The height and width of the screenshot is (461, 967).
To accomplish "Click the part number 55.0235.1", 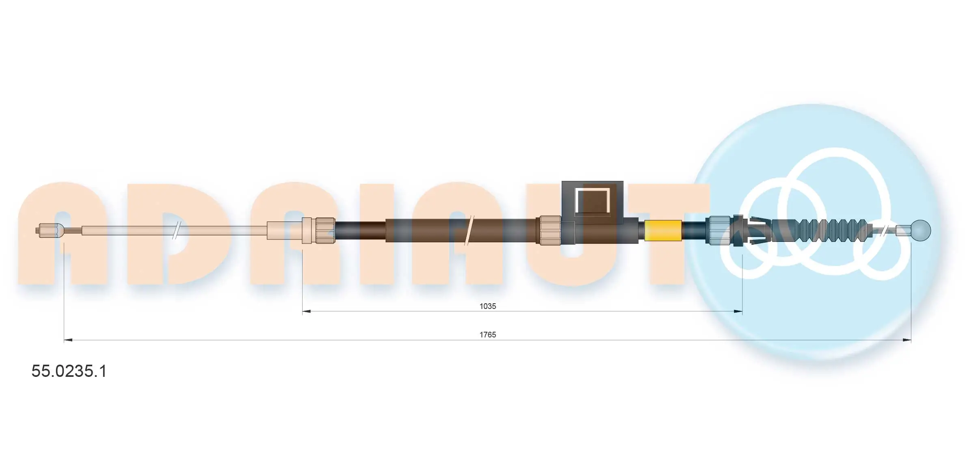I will (x=69, y=371).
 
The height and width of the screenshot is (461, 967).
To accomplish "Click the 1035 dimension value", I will (x=487, y=306).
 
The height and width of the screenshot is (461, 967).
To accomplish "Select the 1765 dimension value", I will (x=487, y=335).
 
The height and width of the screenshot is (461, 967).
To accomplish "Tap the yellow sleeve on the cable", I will (x=663, y=230).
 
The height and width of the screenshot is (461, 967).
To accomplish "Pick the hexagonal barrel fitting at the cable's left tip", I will (x=50, y=231).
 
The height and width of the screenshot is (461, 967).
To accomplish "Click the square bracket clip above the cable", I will (x=592, y=202).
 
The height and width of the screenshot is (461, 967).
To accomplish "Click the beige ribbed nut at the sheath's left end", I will (x=325, y=230).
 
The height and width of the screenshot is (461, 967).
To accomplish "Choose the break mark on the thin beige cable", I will (x=176, y=230).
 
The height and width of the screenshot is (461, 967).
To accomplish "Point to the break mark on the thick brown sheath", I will (x=469, y=230).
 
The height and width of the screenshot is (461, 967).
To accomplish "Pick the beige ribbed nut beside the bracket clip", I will (x=550, y=230).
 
